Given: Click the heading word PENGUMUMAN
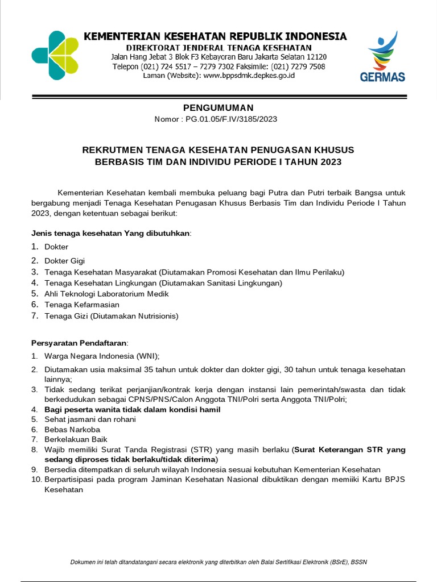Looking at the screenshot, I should [x=218, y=108].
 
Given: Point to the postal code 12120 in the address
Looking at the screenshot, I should [x=316, y=57].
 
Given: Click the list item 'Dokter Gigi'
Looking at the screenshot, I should [x=64, y=260].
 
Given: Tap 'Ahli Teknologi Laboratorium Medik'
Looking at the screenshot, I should [x=106, y=294].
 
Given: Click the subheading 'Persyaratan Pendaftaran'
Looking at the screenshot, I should [x=79, y=343].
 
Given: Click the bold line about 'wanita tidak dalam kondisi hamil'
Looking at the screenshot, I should [x=133, y=409].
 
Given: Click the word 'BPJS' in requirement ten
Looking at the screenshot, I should [x=395, y=480].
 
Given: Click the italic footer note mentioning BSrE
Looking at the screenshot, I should [x=218, y=562].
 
